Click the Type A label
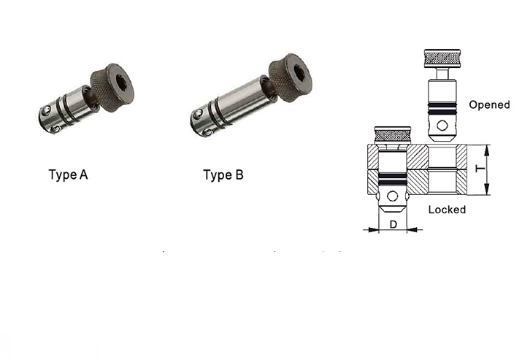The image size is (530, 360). coord(69,175)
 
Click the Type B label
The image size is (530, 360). coord(223,175)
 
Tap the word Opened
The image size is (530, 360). coord(489,105)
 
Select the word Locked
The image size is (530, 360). coord(447,210)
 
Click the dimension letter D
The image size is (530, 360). coord(393,224)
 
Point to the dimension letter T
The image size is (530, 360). coord(480,169)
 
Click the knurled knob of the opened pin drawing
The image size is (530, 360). coord(442,58)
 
